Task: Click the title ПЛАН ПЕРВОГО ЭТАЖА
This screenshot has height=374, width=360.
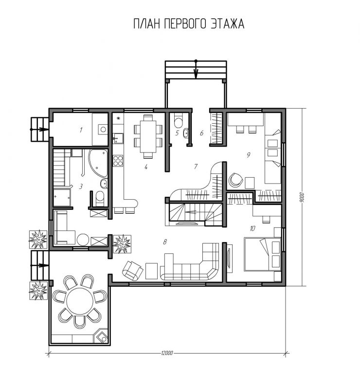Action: pos(189,23)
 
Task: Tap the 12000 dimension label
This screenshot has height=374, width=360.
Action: pos(167,353)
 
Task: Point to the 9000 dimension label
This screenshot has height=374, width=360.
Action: pos(302,197)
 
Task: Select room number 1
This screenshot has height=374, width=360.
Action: pos(81,130)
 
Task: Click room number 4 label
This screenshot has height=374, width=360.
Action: pos(146,167)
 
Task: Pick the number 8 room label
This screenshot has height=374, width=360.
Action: pos(165,242)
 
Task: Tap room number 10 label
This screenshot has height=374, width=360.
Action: pos(252,228)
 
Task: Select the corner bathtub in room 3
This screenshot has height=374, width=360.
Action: pos(98,163)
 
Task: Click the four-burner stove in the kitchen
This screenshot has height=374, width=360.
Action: pos(118,161)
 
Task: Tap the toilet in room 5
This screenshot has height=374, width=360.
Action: pos(178,121)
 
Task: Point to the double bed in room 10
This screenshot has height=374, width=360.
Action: pos(262,254)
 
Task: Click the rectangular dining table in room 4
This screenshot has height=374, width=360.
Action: pos(148,136)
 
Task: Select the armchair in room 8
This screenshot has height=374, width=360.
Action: pos(133,270)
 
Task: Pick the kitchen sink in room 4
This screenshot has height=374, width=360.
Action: pos(118,138)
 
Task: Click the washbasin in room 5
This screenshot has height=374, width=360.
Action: pos(186,133)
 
